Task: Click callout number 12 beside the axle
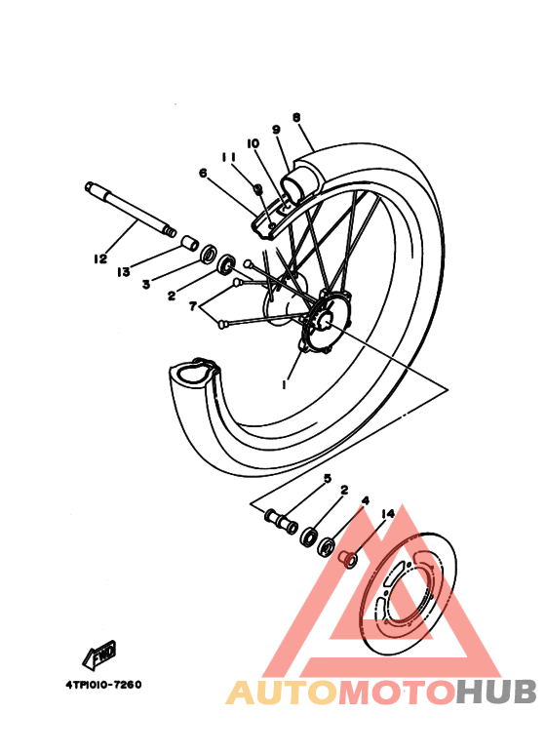[x=99, y=258]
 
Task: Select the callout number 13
[x=124, y=271]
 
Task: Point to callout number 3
[x=145, y=284]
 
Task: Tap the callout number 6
[x=203, y=174]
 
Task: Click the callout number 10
[x=253, y=143]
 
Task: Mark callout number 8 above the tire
[x=295, y=117]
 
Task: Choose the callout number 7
[x=193, y=306]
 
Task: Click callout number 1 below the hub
[x=284, y=385]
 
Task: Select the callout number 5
[x=328, y=479]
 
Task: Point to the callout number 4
[x=365, y=501]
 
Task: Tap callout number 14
[x=387, y=513]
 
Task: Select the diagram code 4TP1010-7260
[x=97, y=684]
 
